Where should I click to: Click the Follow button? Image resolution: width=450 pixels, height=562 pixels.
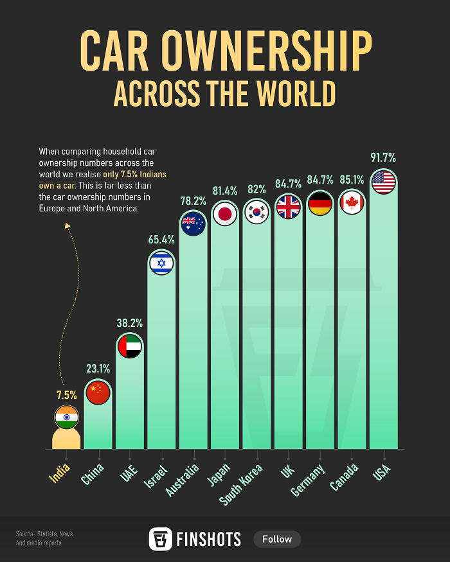pos(277,539)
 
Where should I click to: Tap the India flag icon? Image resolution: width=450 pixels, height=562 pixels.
pos(66,417)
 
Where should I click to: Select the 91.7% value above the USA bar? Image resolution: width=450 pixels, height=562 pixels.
pos(383,157)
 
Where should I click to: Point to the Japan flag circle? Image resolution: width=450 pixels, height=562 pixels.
pos(225,214)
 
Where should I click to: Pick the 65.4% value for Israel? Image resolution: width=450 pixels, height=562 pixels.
pos(161,240)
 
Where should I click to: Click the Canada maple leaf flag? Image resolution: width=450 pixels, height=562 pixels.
pos(352,203)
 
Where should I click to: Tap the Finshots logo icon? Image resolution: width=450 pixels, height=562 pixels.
pos(161,539)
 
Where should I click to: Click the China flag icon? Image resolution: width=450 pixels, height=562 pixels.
pos(98,392)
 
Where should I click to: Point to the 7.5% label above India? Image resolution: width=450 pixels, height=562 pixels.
pos(66,395)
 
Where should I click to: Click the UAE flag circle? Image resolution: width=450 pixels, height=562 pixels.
pos(129,346)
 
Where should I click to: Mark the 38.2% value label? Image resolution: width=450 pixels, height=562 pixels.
pos(129,323)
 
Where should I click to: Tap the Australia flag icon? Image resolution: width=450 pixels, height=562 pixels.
pos(193,224)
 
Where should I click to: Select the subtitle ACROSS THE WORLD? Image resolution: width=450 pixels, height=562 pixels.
pos(225,94)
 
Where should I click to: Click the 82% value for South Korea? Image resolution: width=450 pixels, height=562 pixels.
pos(256,189)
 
